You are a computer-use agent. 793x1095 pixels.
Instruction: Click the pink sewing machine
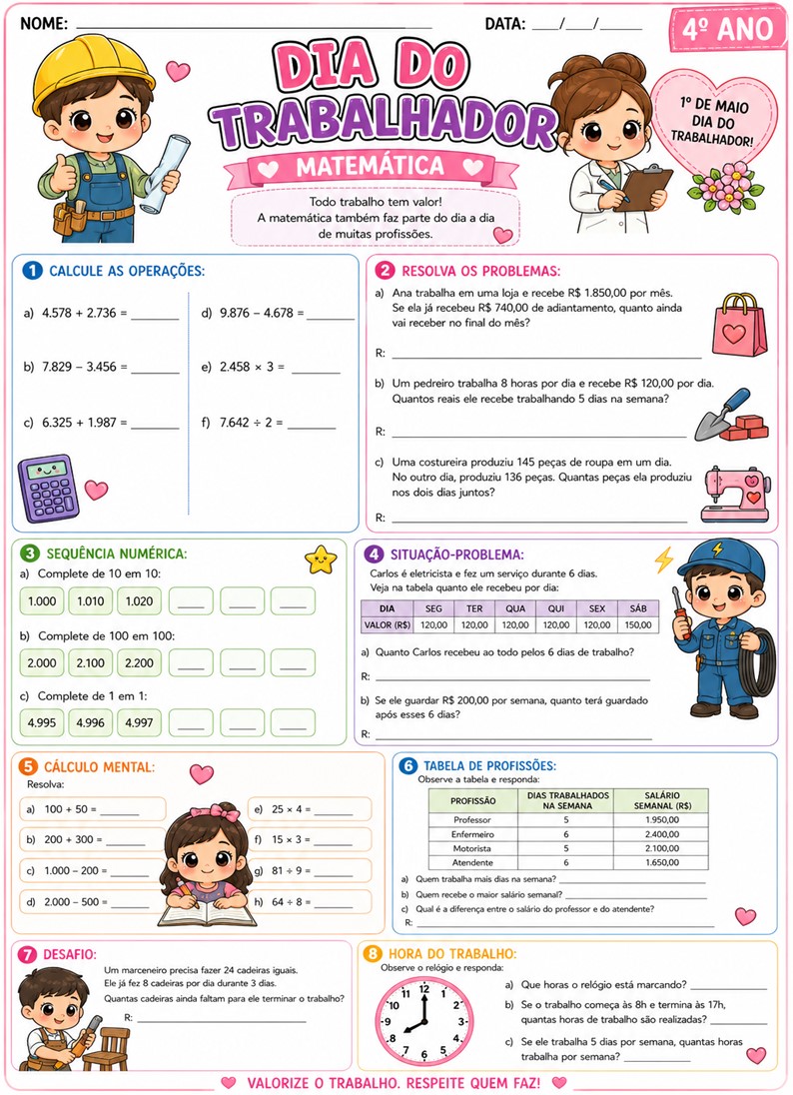click(737, 494)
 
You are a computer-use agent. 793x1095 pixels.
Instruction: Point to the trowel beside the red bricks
click(719, 413)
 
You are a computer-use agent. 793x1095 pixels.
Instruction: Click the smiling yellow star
click(322, 560)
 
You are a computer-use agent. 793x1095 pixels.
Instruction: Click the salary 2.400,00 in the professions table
click(661, 833)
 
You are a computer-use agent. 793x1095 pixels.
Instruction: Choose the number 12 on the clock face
click(423, 989)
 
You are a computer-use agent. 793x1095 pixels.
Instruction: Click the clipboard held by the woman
click(647, 185)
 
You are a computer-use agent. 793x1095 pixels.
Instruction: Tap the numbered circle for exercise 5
click(29, 767)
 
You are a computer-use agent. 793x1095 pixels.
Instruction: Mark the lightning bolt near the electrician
click(663, 558)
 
